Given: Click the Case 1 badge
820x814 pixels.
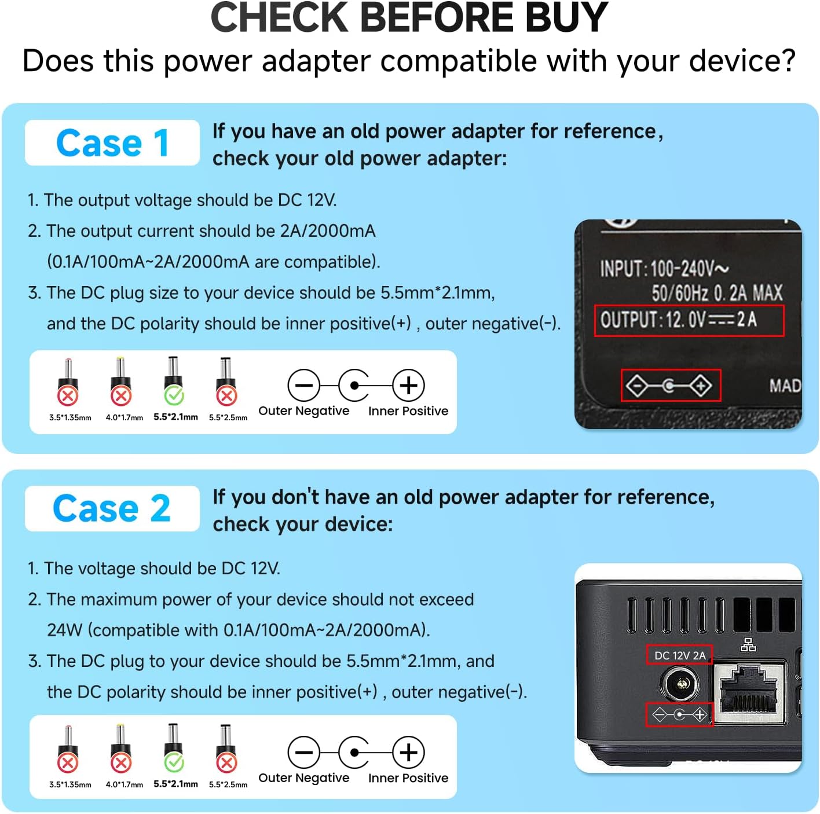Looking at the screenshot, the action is coord(112,142).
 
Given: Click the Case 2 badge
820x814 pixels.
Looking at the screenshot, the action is coord(112,508).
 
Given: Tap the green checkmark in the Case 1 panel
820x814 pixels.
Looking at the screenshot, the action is coord(174,396).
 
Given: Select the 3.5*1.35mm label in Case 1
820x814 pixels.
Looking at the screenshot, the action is coord(70,417).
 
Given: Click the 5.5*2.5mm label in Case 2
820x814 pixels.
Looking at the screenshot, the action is coord(228,784).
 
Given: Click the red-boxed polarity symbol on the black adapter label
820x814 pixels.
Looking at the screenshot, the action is coord(671,386).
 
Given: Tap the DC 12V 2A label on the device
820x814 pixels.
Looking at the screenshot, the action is coord(680,655).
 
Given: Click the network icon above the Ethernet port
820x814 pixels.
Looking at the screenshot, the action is coord(748,644).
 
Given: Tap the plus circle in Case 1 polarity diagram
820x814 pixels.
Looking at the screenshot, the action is coord(408,386).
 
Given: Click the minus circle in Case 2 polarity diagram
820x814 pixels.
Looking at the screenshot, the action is coord(304,752).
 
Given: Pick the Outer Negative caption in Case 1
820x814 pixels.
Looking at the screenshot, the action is coord(304,410).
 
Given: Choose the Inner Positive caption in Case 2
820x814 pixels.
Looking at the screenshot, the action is coord(408,778).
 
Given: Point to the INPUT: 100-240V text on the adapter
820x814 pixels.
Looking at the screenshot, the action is coord(664,269).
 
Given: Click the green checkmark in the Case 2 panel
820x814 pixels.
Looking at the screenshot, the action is coord(174,763).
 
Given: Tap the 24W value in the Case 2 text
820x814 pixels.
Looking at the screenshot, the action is coord(65,630).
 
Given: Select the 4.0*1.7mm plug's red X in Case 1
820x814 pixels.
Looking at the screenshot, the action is coord(121,396).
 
